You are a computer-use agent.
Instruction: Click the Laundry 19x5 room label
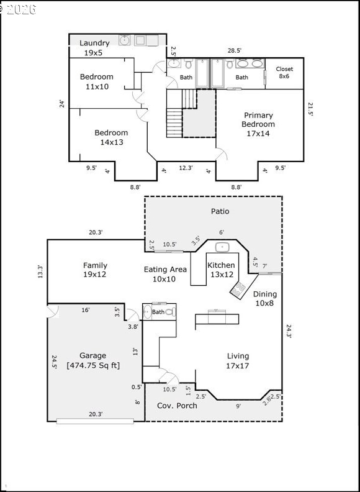[94, 48]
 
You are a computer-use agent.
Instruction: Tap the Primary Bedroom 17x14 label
[258, 124]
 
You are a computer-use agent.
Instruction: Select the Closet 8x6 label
[284, 73]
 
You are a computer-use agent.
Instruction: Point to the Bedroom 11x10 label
[97, 81]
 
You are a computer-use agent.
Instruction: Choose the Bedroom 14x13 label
[111, 137]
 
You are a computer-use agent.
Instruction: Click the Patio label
[220, 211]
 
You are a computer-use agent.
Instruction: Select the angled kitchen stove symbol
[238, 290]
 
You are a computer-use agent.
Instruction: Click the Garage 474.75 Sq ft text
[93, 360]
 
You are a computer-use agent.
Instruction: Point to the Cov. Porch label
[177, 406]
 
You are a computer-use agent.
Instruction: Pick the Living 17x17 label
[238, 361]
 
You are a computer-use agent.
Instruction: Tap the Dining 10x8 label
[265, 299]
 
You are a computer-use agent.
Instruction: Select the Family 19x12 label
[95, 270]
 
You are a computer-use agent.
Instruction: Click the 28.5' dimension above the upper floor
[234, 50]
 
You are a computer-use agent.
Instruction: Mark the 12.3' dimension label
[186, 168]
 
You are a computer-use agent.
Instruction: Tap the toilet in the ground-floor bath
[170, 312]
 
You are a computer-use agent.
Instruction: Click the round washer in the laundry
[125, 40]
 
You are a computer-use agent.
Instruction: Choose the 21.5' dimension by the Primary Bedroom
[310, 109]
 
